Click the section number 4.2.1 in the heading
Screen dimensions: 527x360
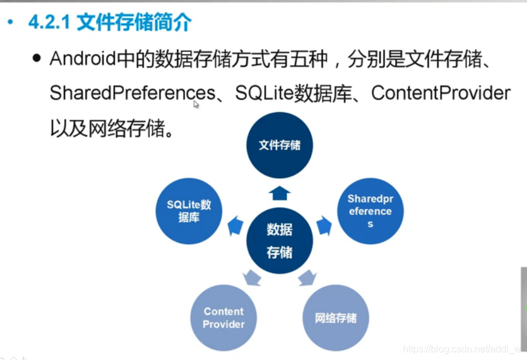point(50,23)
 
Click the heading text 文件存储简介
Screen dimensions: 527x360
point(134,23)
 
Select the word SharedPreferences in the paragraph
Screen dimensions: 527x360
point(132,93)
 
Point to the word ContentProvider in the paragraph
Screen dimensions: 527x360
point(441,93)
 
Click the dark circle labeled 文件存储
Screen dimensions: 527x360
point(279,145)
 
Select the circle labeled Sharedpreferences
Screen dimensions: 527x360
point(370,211)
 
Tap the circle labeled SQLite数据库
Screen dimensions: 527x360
point(189,211)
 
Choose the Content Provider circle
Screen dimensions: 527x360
point(223,318)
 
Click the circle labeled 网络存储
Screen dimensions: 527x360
point(335,318)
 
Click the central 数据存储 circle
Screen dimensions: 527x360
point(279,240)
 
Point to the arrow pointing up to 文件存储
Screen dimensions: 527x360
point(279,193)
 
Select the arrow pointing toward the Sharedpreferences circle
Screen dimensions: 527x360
point(324,225)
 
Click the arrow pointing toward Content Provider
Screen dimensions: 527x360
point(252,278)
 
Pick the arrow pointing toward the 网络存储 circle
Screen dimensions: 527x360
point(307,278)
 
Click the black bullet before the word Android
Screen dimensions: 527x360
point(38,59)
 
